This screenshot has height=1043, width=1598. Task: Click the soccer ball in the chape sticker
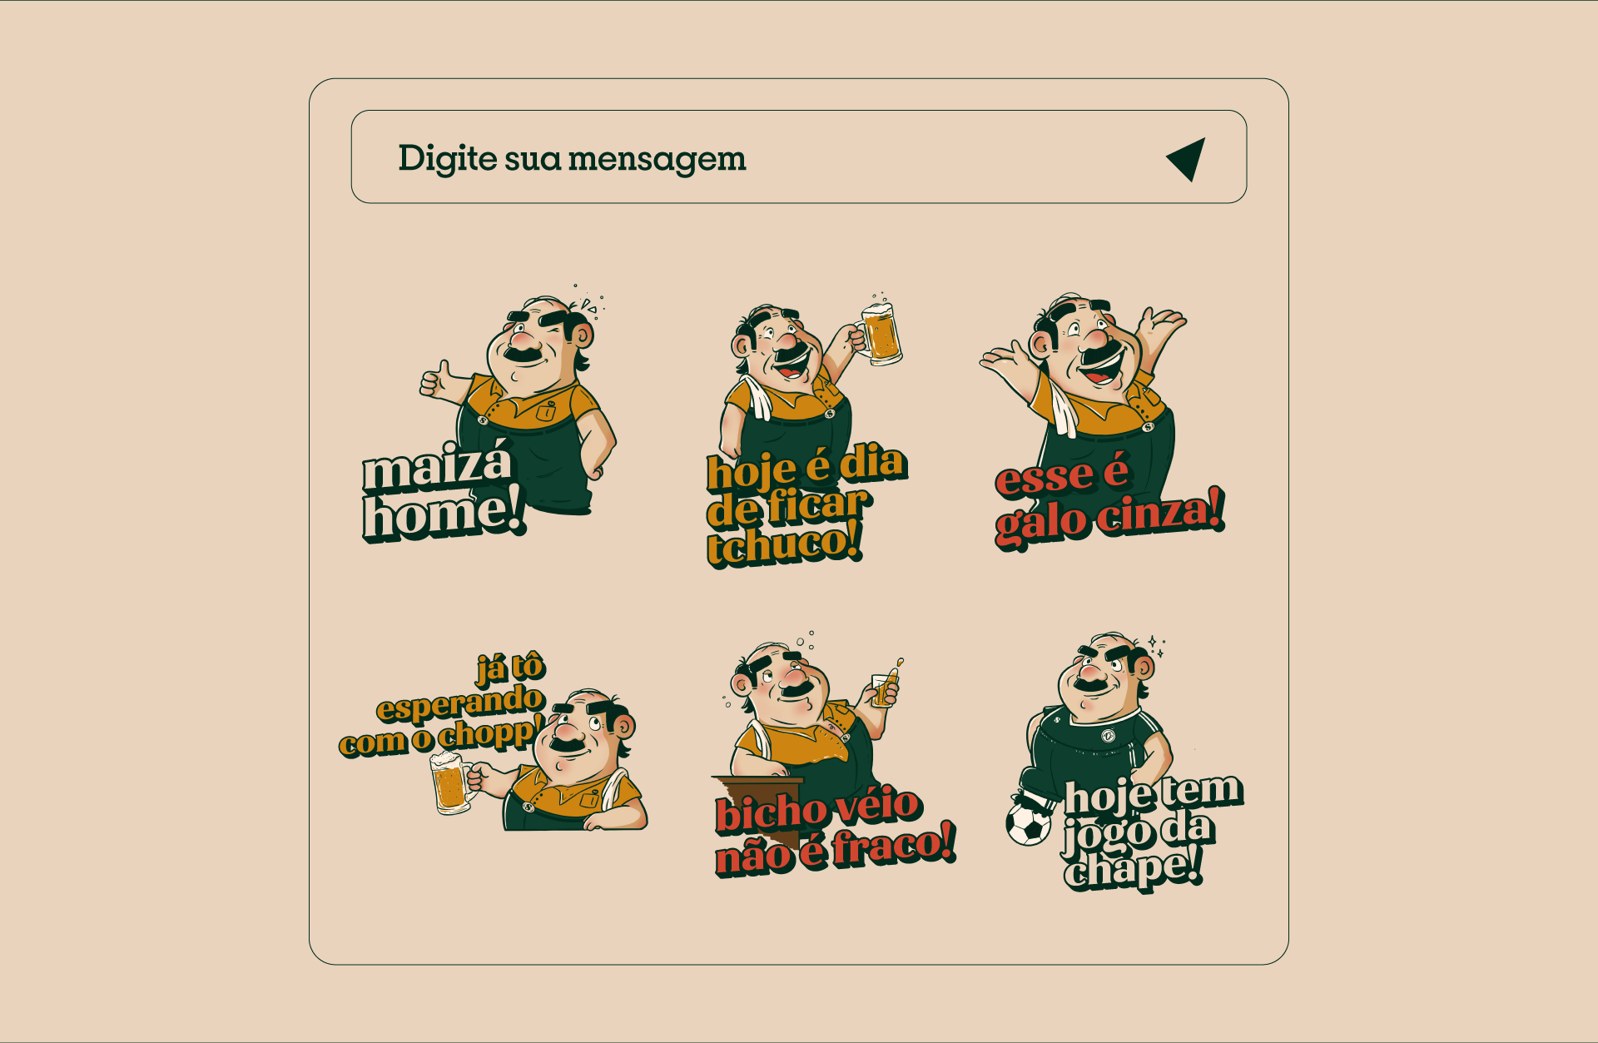1028,822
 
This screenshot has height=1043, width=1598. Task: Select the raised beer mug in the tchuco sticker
881,335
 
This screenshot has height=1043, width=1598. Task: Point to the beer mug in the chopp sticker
449,783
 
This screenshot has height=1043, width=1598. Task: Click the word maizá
437,467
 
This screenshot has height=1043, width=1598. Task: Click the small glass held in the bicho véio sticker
885,689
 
